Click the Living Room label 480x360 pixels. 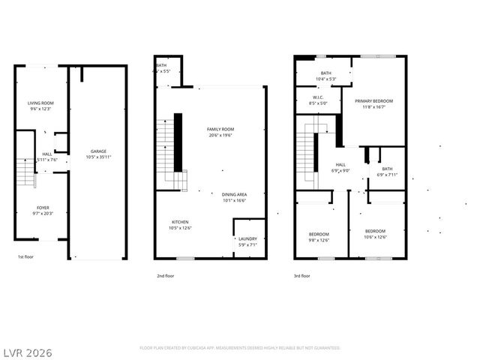click(40, 103)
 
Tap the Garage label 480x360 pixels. click(98, 151)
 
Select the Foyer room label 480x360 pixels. click(43, 207)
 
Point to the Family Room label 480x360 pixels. click(220, 129)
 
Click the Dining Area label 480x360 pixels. click(234, 194)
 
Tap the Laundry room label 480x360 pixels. click(247, 238)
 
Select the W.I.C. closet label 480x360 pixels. click(317, 97)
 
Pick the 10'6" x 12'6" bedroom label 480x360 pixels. click(375, 230)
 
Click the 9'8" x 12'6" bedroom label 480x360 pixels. click(319, 234)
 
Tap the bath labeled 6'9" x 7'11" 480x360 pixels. click(387, 169)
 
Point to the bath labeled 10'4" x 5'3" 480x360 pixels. click(325, 73)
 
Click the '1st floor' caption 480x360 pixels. click(26, 257)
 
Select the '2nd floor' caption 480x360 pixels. click(166, 276)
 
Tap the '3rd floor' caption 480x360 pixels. click(302, 276)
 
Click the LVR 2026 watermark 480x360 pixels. click(26, 351)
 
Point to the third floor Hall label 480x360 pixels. click(340, 164)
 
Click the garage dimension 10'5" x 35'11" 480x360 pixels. click(98, 157)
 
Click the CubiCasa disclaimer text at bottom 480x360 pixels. click(240, 348)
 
